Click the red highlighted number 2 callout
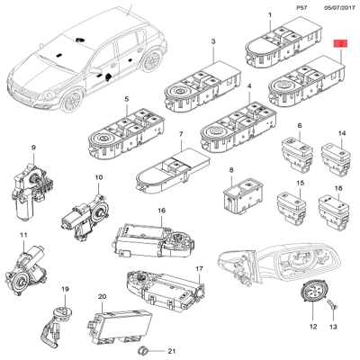pyautogui.click(x=339, y=44)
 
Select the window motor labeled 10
pyautogui.click(x=86, y=215)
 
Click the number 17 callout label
pyautogui.click(x=200, y=269)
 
